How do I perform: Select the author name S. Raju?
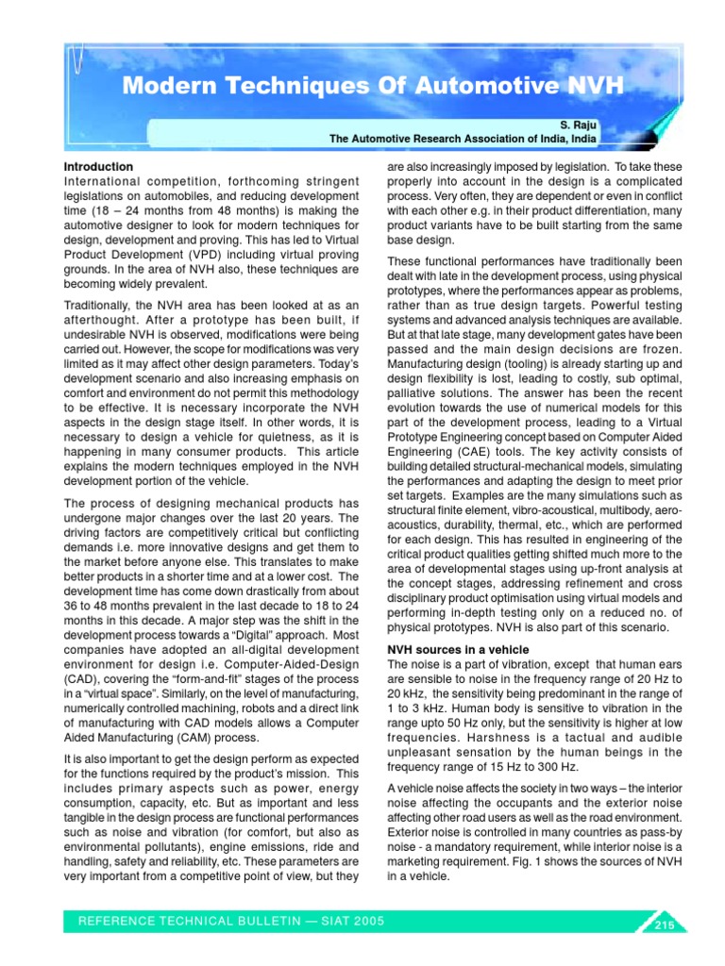point(577,124)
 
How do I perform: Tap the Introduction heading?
point(98,167)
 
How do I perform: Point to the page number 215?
point(662,925)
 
